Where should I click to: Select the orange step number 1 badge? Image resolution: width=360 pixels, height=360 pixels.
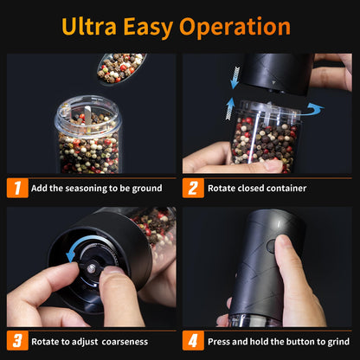16,188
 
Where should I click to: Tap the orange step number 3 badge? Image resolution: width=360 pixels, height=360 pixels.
16,340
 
